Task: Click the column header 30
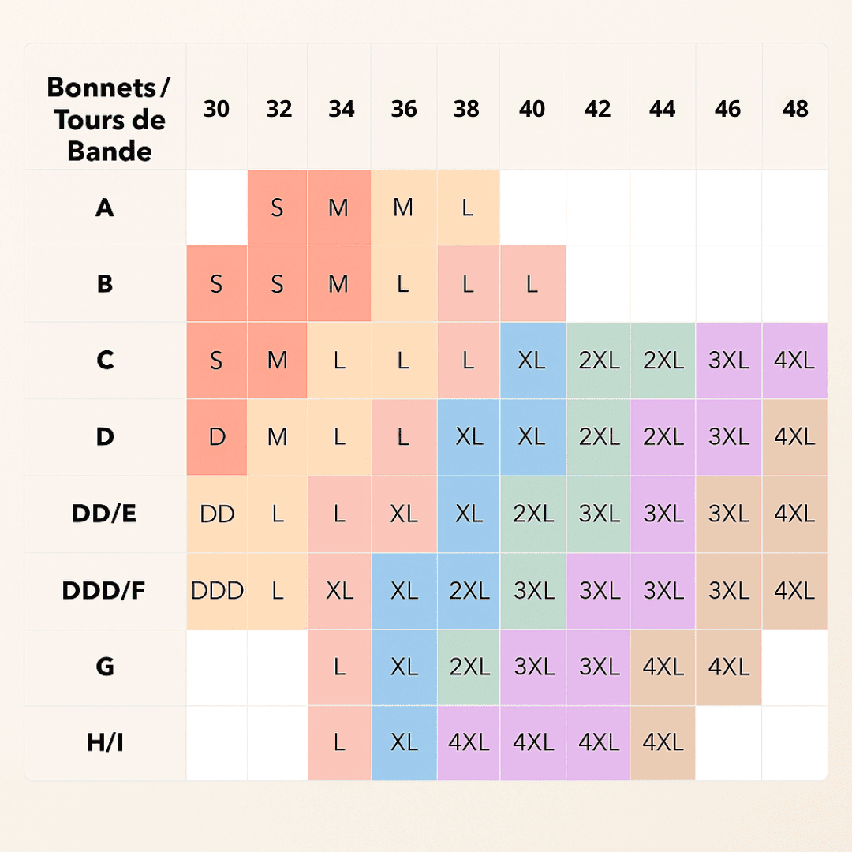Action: (x=216, y=109)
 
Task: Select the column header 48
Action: (x=795, y=109)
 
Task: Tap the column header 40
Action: (x=532, y=109)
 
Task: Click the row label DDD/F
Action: (x=104, y=590)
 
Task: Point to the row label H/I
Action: (x=104, y=743)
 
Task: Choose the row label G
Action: (x=104, y=667)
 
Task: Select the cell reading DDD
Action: (x=217, y=590)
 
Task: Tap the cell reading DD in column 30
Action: (x=217, y=514)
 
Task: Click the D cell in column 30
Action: (x=217, y=437)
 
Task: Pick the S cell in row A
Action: (x=277, y=208)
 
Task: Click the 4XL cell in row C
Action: (x=794, y=361)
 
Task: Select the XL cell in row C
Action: (x=532, y=361)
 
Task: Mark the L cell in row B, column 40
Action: (x=532, y=284)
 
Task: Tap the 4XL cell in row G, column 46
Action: (x=728, y=667)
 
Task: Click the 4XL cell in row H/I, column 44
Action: (x=663, y=743)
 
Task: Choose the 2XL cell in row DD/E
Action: (x=533, y=514)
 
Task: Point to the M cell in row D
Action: (x=277, y=437)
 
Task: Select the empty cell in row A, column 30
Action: (x=217, y=208)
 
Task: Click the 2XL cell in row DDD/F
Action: (x=469, y=590)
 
